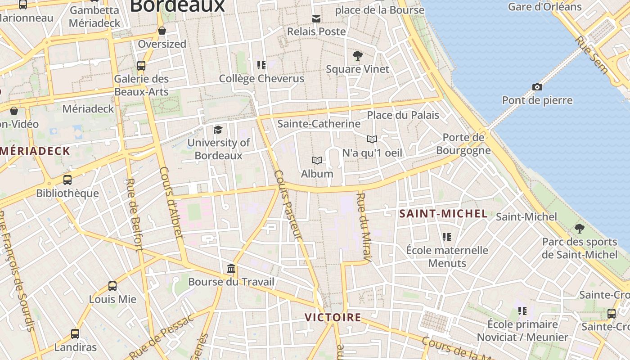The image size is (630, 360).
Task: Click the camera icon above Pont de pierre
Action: [537, 87]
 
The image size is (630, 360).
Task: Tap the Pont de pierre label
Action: [537, 100]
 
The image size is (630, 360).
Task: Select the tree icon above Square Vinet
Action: [358, 56]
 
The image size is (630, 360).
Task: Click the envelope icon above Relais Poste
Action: [316, 18]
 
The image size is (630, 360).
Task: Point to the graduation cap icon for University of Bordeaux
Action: [218, 130]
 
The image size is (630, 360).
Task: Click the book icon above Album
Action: [317, 160]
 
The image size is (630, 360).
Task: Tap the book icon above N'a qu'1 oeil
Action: [372, 139]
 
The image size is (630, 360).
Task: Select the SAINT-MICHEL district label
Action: [443, 214]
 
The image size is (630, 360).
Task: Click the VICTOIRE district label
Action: [333, 317]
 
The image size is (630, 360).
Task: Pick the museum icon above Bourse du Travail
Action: [231, 269]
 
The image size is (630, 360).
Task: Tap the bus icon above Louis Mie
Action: [112, 286]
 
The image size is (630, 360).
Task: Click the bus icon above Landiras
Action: [75, 334]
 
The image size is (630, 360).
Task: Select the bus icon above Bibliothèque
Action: [67, 180]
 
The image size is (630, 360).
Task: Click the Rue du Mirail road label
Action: [364, 227]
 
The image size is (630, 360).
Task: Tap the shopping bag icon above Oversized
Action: [162, 31]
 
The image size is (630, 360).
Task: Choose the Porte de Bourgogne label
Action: [463, 144]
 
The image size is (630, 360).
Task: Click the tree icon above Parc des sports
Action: [580, 229]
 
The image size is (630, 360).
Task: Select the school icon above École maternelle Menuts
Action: [447, 237]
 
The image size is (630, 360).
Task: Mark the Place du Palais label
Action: [403, 115]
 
